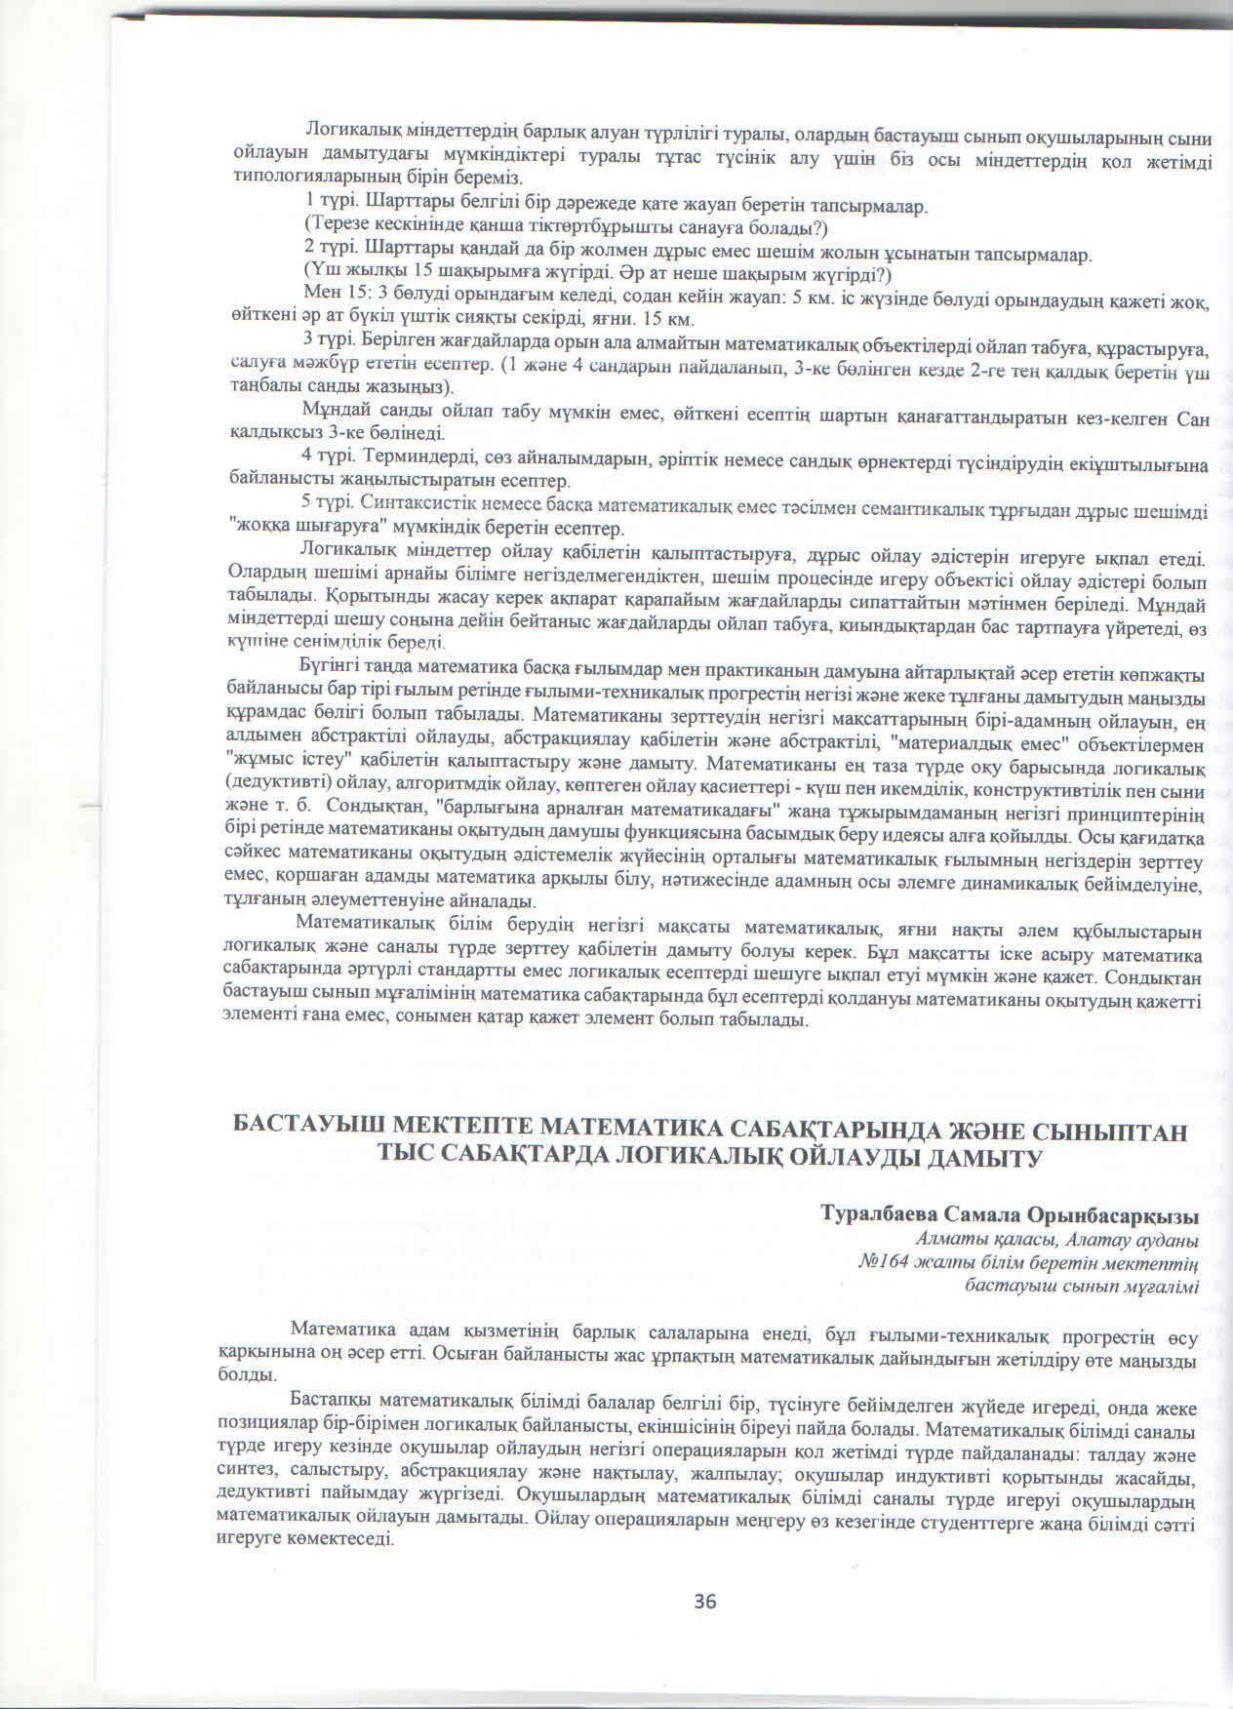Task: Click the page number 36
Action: pyautogui.click(x=705, y=1601)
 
